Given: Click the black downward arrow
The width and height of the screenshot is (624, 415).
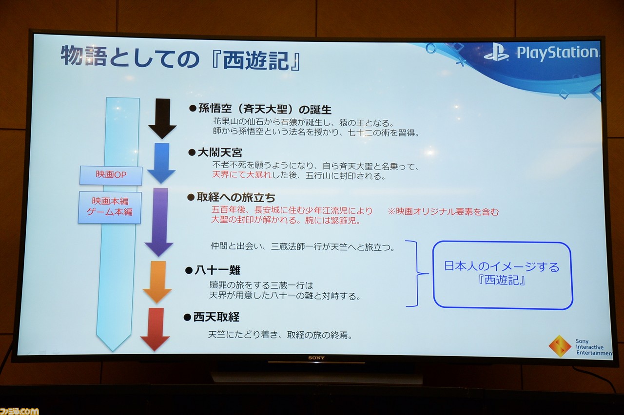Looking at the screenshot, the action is [162, 118].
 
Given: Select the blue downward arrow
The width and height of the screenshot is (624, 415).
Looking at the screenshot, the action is [161, 163].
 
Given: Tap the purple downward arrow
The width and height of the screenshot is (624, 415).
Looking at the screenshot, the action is [159, 222].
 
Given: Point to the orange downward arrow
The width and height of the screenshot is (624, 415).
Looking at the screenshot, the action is [157, 282].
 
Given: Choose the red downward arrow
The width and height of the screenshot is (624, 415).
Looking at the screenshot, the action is [156, 329].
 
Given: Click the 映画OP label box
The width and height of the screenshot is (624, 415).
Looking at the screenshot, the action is [111, 175].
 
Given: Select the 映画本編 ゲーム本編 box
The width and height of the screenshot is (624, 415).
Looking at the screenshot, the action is [110, 207].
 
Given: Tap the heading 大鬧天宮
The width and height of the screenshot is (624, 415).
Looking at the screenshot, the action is [220, 152].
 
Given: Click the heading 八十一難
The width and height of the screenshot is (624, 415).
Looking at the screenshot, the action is [217, 270].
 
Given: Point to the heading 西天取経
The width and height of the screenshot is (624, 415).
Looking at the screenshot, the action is [216, 317].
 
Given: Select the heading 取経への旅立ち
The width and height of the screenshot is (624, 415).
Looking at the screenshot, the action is [236, 197].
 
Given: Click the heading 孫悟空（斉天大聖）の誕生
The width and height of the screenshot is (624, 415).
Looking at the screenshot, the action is [265, 109].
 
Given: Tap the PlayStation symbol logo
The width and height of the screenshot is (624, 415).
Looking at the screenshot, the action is [496, 53].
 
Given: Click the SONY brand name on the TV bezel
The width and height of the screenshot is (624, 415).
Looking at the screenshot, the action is [316, 358].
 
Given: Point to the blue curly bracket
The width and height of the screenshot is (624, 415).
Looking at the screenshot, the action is [417, 274].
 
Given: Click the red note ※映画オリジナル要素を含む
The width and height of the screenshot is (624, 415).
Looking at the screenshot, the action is [443, 212].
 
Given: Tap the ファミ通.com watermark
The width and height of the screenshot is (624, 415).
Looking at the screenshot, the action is [19, 411].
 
